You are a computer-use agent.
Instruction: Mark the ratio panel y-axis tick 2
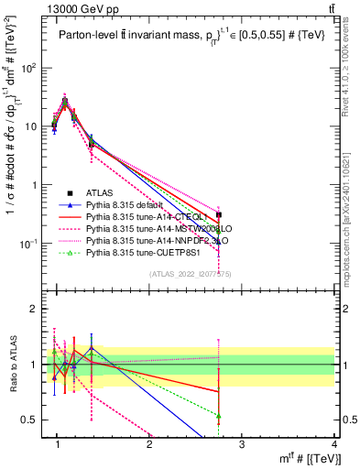click(37, 309)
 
